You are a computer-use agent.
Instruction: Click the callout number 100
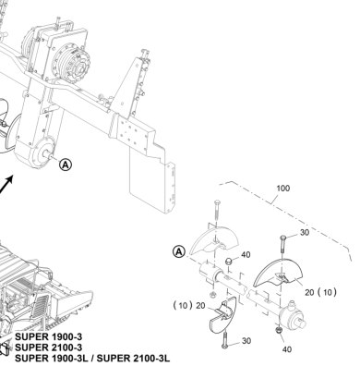283,188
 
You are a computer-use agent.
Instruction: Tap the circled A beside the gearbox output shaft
66,165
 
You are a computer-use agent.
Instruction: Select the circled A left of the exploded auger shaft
179,252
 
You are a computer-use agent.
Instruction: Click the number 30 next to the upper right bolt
305,232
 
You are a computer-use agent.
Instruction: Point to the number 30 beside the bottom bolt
246,341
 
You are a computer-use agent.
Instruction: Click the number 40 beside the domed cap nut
246,255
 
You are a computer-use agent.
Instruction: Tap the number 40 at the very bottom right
287,349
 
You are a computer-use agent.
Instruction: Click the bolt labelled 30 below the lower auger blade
225,339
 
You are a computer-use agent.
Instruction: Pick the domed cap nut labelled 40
229,262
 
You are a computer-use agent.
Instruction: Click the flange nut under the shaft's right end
279,331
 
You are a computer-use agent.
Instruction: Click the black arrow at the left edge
6,184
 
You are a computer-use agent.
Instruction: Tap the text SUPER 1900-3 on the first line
49,336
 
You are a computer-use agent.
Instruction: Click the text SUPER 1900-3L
52,359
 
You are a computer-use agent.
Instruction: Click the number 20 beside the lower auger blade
200,306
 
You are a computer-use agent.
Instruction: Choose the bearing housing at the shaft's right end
292,317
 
